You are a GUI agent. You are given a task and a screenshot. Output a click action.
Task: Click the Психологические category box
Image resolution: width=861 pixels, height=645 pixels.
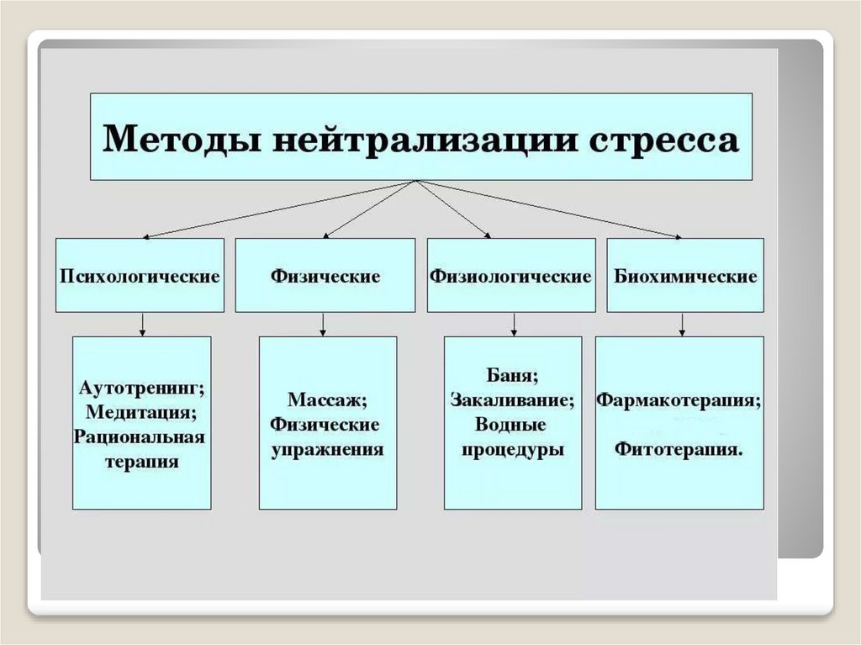(x=140, y=276)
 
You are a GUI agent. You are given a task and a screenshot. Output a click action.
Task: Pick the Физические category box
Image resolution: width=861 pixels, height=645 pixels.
(x=325, y=276)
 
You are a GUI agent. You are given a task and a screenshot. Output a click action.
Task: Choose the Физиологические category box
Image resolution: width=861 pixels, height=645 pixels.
(x=510, y=276)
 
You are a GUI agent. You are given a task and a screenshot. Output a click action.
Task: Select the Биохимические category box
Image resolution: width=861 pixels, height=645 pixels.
(x=685, y=276)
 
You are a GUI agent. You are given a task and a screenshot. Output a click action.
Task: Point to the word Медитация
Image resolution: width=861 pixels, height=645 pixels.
(x=141, y=412)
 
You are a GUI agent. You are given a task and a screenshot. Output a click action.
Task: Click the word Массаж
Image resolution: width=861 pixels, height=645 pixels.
(x=327, y=400)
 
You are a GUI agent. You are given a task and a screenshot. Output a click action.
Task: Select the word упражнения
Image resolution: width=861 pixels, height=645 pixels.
(x=327, y=449)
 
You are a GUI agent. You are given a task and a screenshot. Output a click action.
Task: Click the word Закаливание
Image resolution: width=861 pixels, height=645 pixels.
(x=512, y=399)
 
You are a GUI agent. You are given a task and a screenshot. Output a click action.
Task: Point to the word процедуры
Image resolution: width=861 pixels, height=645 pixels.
(x=512, y=449)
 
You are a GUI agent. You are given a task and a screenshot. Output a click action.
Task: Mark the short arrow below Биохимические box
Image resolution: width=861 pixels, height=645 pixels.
(x=682, y=324)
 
